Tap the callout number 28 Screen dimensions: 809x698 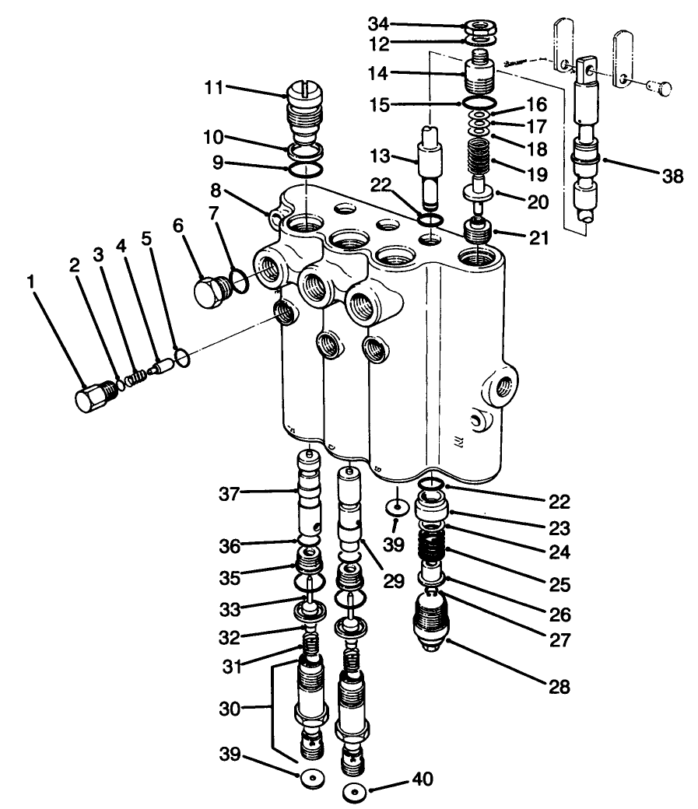point(558,687)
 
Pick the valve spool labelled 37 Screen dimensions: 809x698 point(310,502)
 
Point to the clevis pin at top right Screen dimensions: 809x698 point(659,89)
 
